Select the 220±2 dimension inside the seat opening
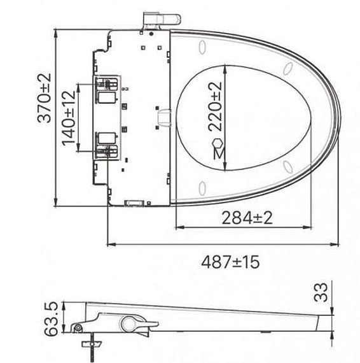[x=216, y=106]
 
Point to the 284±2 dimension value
[x=247, y=218]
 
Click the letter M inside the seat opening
[x=218, y=153]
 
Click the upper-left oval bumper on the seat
[x=202, y=47]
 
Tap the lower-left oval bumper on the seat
[x=202, y=188]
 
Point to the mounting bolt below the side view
[x=89, y=349]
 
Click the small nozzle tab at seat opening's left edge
[x=163, y=117]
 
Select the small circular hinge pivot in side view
[x=77, y=328]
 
